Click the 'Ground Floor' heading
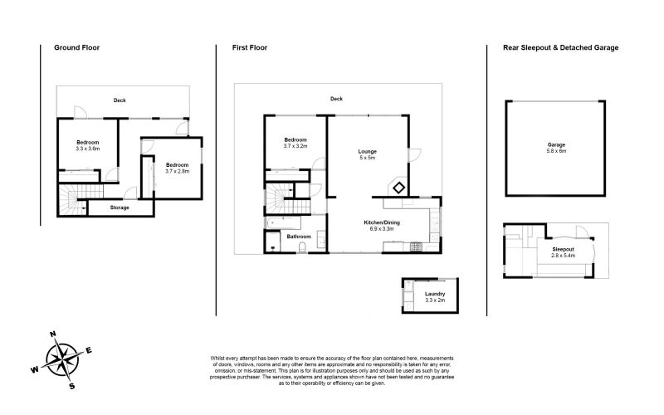click(x=76, y=48)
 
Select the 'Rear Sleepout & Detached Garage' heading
click(x=560, y=48)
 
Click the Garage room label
click(x=555, y=144)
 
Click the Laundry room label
click(x=434, y=295)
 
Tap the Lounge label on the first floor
click(x=367, y=151)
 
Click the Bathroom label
click(x=299, y=237)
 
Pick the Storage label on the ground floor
click(x=120, y=207)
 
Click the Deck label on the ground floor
click(x=120, y=100)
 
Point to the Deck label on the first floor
click(x=336, y=99)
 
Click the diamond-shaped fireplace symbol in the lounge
click(x=398, y=188)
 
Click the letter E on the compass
click(x=89, y=349)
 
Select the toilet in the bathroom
click(x=305, y=247)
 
